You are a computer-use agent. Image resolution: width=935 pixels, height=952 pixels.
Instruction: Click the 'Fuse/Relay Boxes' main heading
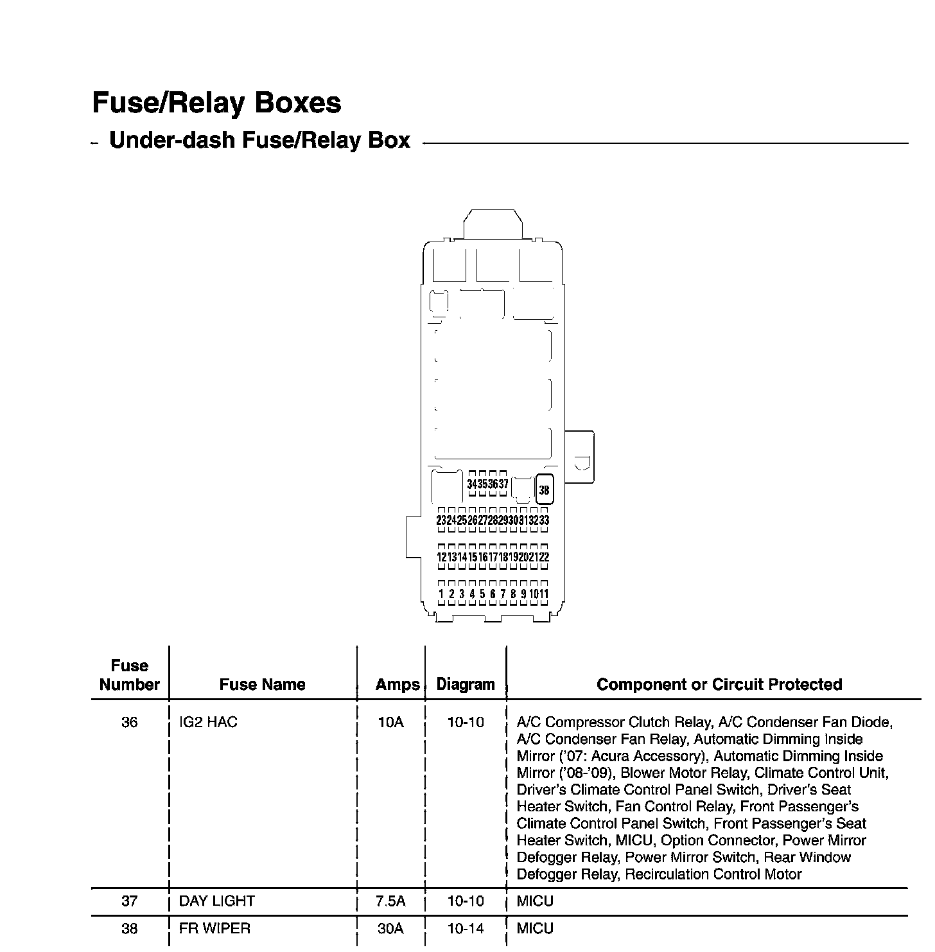click(216, 103)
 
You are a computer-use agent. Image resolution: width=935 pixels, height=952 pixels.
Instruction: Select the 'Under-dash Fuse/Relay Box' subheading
click(259, 141)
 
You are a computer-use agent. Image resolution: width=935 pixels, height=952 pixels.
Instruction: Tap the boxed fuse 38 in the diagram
click(544, 490)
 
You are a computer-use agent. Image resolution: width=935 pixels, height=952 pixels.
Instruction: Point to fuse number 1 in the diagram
click(441, 594)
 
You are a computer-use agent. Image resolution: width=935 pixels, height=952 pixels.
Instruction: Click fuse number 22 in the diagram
click(544, 557)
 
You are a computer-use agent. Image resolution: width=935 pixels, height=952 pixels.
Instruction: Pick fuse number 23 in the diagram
click(441, 520)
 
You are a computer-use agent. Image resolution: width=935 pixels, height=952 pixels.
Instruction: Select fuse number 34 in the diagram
click(472, 484)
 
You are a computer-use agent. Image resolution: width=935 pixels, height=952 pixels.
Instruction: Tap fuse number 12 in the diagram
click(441, 557)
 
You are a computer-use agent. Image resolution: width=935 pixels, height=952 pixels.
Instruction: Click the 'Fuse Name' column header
click(262, 685)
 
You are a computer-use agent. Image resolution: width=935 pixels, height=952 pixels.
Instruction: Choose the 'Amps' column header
click(397, 685)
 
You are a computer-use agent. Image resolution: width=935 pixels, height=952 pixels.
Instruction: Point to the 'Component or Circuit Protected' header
click(719, 685)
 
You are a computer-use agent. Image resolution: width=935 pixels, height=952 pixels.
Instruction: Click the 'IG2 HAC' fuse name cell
click(208, 722)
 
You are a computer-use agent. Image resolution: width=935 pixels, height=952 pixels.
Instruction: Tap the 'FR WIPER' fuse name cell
click(214, 928)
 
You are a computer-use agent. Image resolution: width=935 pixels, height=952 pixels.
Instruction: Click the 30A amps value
click(390, 928)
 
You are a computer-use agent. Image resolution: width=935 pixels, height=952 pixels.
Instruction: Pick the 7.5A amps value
click(390, 901)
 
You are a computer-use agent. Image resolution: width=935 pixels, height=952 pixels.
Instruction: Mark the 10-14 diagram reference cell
click(466, 928)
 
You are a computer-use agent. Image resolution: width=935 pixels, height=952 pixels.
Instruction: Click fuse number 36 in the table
click(129, 722)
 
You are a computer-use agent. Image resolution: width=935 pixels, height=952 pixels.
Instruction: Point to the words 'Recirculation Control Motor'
click(713, 874)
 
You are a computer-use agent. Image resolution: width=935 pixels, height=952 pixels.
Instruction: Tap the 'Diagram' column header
click(466, 685)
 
